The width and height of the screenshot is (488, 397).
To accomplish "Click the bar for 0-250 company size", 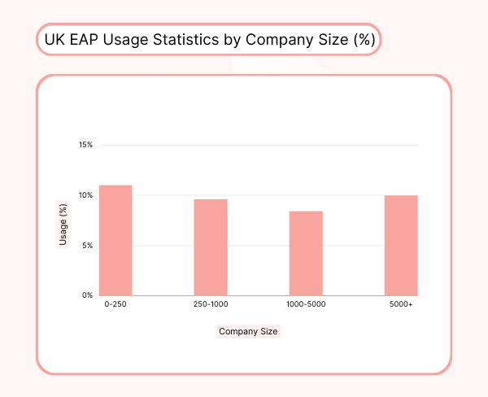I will coord(115,240).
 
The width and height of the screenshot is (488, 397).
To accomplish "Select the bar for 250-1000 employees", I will coord(211,247).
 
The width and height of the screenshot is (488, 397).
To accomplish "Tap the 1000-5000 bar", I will coord(306,253).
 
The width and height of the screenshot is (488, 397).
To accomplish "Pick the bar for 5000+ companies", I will coord(401,245).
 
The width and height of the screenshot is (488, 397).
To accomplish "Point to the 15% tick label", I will coord(85,145).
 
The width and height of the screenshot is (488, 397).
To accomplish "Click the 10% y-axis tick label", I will coord(85,195).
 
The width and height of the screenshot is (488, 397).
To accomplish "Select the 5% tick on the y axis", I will coord(87,245).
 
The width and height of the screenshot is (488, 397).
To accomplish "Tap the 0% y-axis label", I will coord(87,295).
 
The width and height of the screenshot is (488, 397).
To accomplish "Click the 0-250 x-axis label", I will coord(115,304).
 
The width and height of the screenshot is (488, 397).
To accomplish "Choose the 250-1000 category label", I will coord(211,304).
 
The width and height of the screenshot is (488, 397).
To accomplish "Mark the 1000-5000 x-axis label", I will coord(306,304).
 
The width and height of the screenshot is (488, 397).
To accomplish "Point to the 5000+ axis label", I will coord(401,304).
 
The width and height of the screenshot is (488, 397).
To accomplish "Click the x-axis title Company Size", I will coord(248,331).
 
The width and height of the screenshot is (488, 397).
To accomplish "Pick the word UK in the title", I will coord(54,39).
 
